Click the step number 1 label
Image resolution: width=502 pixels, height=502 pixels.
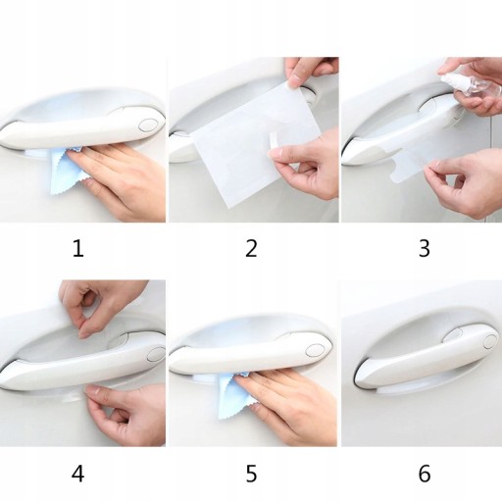click(78, 248)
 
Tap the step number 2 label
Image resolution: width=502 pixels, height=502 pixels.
click(251, 248)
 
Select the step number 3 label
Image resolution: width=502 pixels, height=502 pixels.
click(425, 248)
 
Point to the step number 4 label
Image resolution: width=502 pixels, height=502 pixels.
click(78, 474)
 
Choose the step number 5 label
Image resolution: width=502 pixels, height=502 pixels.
click(251, 474)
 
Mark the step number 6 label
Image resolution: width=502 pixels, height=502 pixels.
click(425, 474)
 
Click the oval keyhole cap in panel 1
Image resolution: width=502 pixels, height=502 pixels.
click(147, 125)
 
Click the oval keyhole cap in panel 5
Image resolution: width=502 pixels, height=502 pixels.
click(315, 350)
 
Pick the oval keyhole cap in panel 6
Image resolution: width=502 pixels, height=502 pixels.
click(490, 341)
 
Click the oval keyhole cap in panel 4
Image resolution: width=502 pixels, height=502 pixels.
click(156, 354)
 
